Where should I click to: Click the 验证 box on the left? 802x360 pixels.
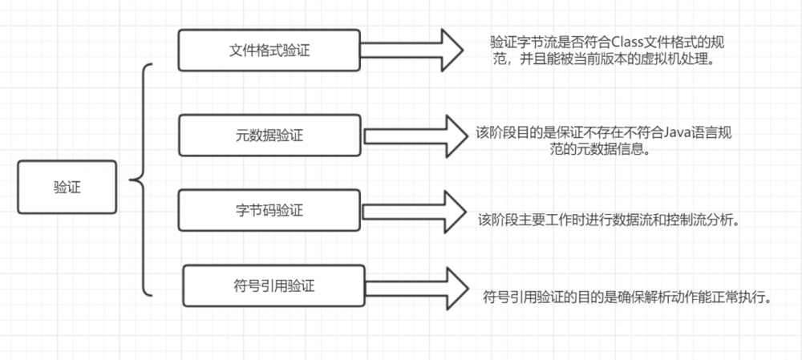pyautogui.click(x=67, y=187)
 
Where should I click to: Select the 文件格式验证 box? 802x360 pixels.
pyautogui.click(x=269, y=50)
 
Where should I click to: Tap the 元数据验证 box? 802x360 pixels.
pyautogui.click(x=269, y=135)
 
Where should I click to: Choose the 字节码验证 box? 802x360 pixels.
pyautogui.click(x=269, y=211)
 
